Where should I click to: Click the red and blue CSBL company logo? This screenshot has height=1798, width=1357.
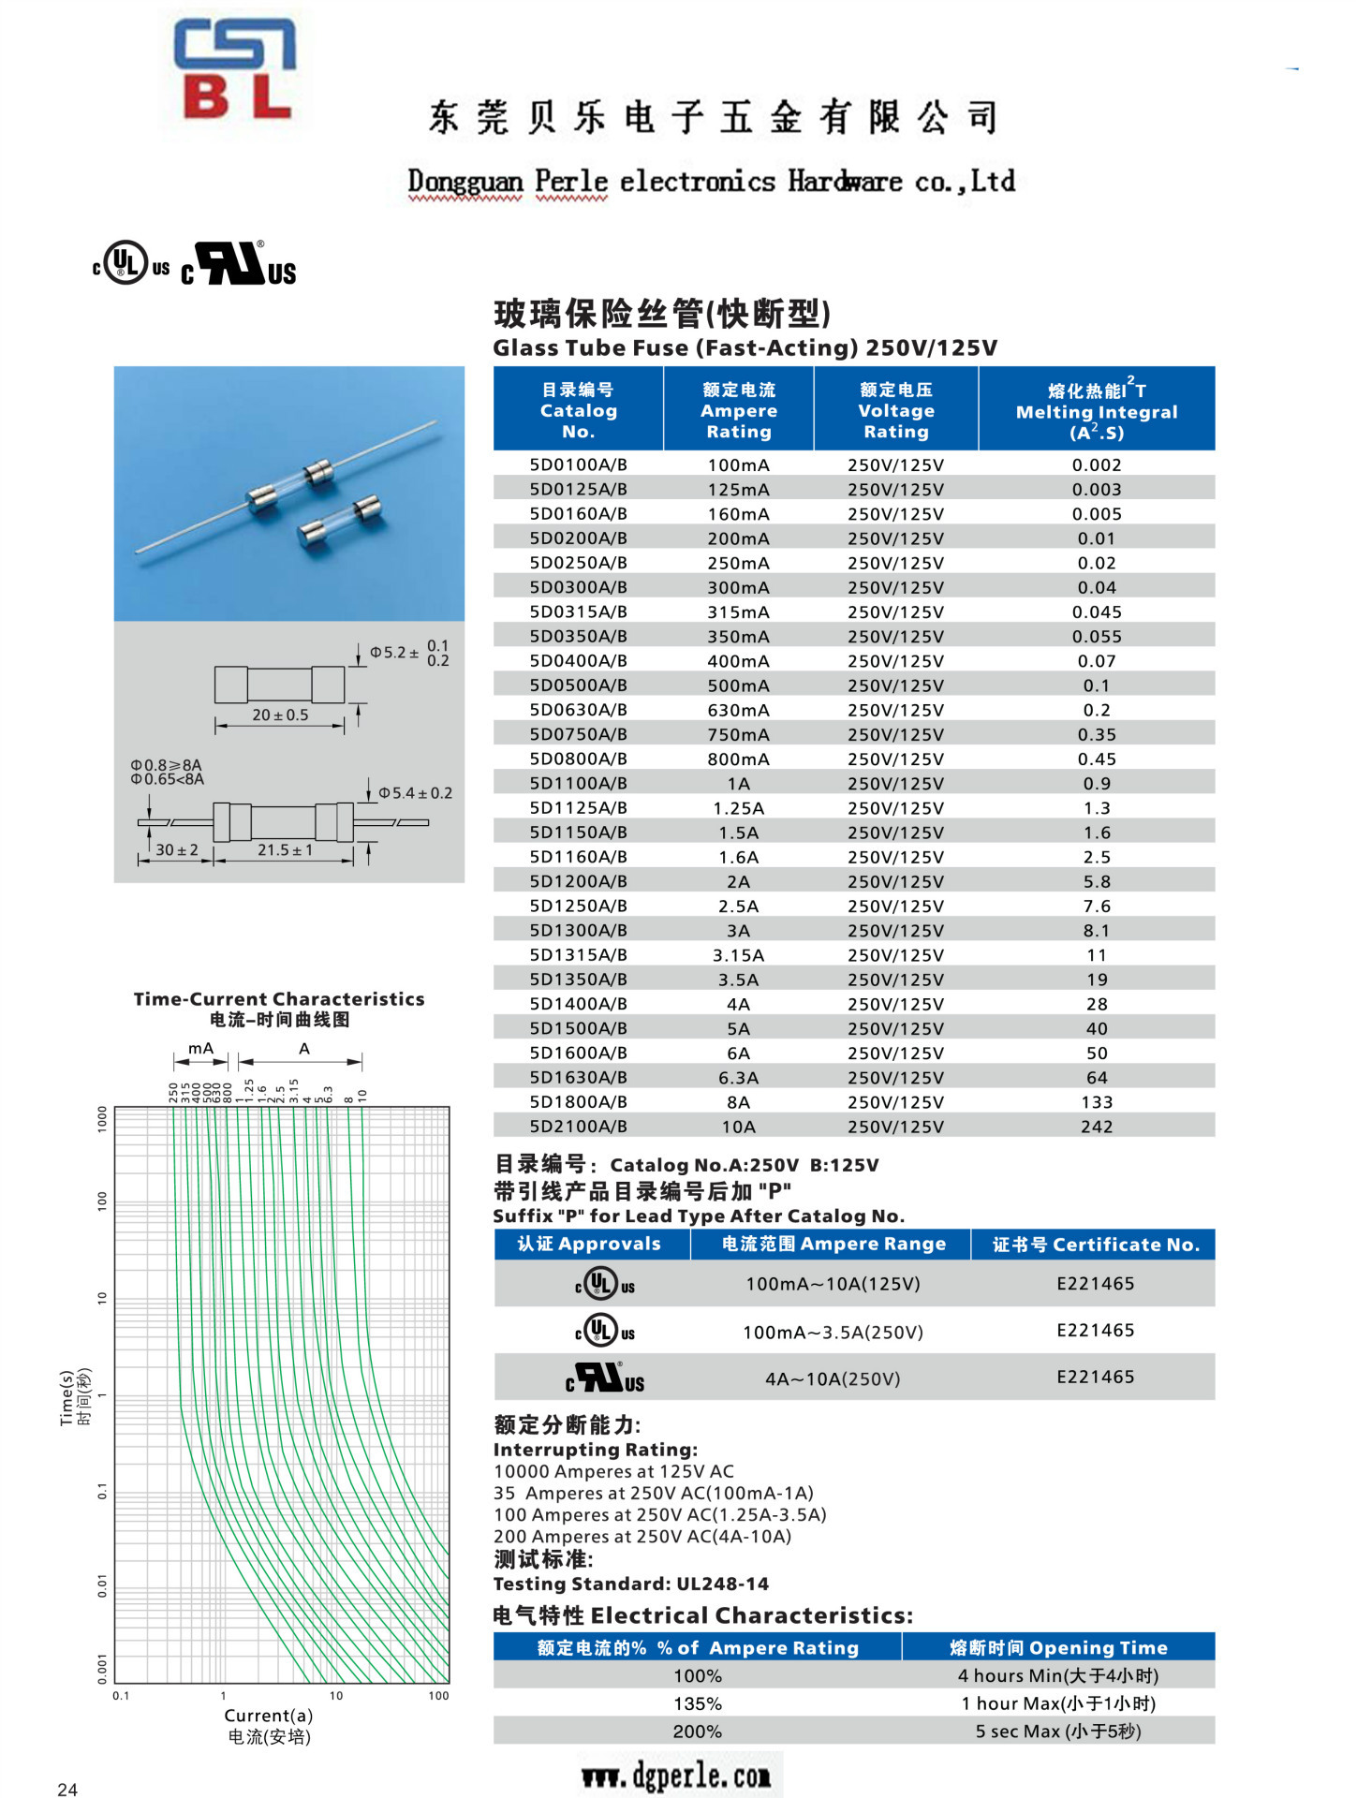(235, 70)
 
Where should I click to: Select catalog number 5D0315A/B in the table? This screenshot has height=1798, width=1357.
(578, 612)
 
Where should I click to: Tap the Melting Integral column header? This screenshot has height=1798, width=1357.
(1096, 411)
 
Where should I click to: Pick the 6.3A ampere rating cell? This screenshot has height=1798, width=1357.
(738, 1078)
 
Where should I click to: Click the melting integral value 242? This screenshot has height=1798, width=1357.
(1096, 1127)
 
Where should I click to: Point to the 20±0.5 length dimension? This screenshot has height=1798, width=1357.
(280, 715)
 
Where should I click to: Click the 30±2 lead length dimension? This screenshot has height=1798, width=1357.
(176, 850)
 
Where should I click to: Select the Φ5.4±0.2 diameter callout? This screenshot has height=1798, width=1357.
(415, 793)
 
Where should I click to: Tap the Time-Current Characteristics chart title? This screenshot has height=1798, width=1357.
(279, 999)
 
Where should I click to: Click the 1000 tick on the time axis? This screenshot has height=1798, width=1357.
(103, 1119)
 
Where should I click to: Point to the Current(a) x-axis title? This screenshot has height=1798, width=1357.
(269, 1716)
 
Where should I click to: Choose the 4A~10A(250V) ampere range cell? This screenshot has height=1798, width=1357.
(832, 1378)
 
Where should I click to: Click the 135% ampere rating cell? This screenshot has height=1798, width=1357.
(697, 1703)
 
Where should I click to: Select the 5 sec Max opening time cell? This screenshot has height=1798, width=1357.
(1058, 1732)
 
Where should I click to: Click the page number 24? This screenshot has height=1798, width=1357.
(67, 1790)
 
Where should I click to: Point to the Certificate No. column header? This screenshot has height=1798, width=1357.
(1095, 1245)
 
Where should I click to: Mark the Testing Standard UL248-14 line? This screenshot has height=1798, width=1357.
(630, 1584)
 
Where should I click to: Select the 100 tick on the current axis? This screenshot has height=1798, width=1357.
(438, 1695)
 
